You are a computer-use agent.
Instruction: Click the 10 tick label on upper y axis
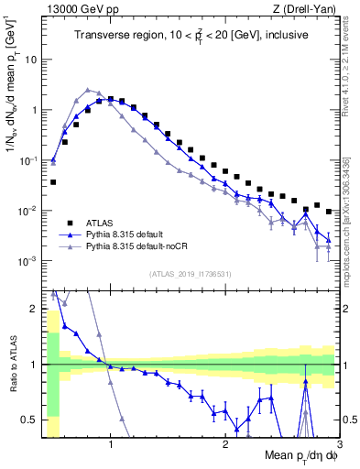point(29,60)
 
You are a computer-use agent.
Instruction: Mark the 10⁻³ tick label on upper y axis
point(27,261)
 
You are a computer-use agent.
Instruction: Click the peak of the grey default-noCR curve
point(88,90)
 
